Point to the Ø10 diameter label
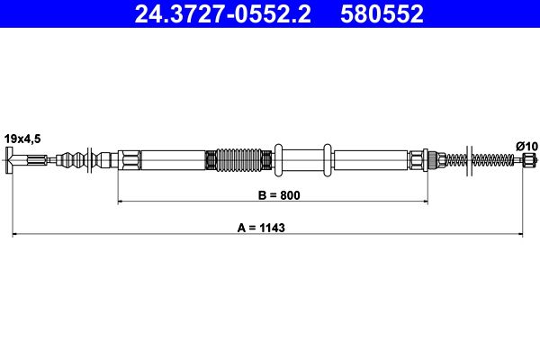525,145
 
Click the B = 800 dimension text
273,194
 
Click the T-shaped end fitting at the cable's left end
11,162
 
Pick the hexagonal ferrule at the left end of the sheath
130,162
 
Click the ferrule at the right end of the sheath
418,162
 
